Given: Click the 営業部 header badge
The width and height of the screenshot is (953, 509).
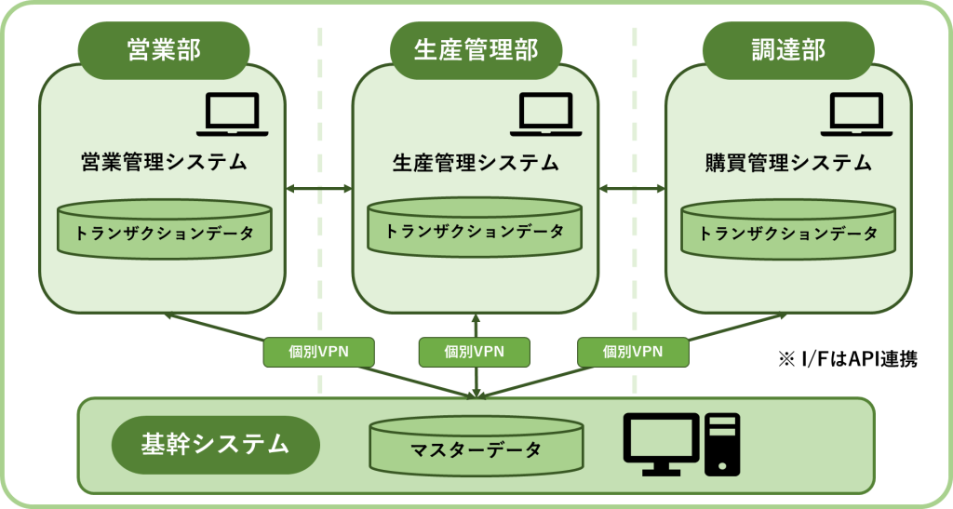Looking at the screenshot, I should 163,50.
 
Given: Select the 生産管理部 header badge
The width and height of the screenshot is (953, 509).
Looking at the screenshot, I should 476,50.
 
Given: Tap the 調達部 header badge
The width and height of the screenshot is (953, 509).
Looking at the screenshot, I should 788,50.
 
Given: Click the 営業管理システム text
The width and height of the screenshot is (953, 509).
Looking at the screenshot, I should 163,163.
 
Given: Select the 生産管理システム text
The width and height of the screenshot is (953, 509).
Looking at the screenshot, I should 476,163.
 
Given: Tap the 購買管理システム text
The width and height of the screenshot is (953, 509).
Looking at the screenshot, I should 788,163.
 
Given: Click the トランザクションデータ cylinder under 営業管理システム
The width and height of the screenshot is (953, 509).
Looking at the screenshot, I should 163,229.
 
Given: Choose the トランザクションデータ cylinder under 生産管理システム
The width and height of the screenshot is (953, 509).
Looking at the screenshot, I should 475,227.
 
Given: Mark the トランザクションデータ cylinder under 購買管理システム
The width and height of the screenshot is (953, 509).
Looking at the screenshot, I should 788,229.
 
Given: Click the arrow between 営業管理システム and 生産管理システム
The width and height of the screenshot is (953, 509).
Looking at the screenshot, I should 318,189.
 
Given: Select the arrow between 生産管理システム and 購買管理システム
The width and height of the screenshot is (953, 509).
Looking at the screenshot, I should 632,189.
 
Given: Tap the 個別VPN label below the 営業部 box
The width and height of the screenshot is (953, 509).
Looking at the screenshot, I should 318,352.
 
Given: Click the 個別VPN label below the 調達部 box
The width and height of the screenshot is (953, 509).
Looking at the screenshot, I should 633,352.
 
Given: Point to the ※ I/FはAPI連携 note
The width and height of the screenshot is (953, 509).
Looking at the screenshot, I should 848,359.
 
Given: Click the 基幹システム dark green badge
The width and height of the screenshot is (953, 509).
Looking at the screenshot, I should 215,445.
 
